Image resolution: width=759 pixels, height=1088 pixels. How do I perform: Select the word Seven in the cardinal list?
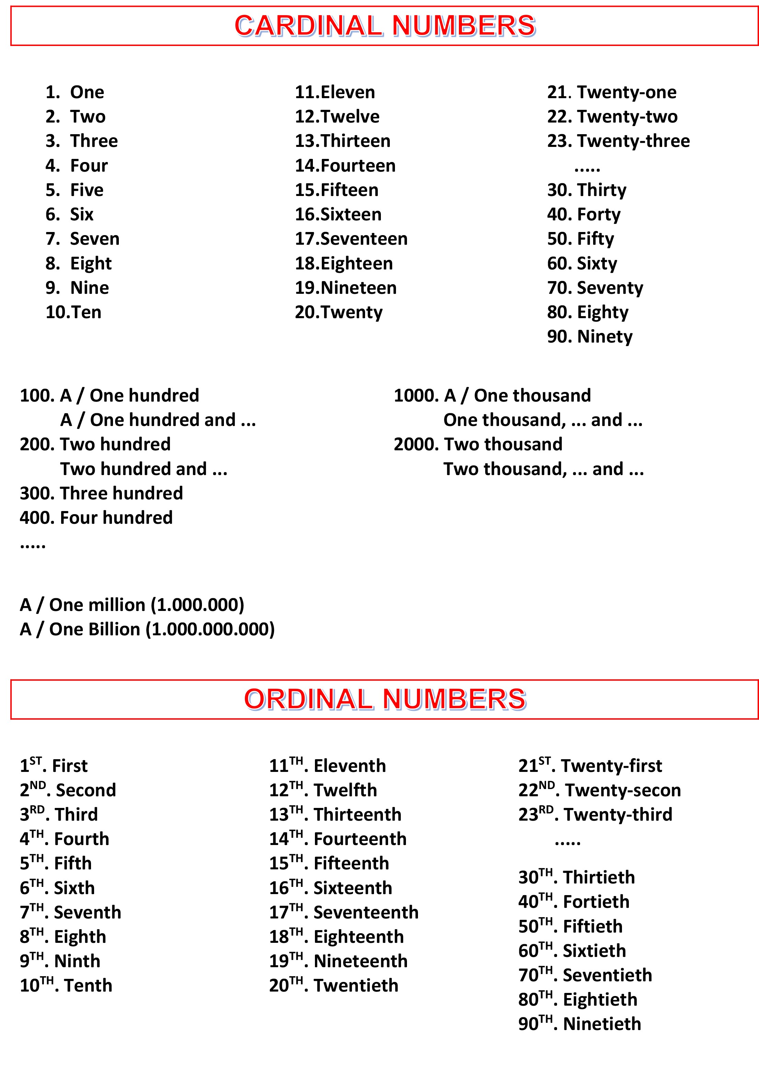(x=94, y=239)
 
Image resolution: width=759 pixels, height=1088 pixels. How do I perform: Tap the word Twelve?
(x=350, y=117)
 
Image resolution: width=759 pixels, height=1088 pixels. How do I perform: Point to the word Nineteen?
(x=359, y=288)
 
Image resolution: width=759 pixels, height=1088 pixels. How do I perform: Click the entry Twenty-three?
(x=633, y=141)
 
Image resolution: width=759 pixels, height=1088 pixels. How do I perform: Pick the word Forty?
(x=598, y=215)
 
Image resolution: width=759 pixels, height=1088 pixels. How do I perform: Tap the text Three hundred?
(x=121, y=493)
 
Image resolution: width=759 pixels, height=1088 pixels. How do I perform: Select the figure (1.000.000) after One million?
(x=197, y=605)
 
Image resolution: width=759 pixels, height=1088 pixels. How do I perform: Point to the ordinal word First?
(x=70, y=766)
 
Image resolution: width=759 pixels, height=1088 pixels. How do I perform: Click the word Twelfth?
(x=345, y=790)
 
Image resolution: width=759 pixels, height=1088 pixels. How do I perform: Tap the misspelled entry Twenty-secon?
(x=622, y=790)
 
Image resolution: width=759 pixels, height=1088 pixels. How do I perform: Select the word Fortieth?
(x=596, y=902)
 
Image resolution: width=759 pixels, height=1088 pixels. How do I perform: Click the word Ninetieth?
(x=602, y=1024)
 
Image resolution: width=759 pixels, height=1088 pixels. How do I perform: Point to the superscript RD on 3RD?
(x=37, y=810)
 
